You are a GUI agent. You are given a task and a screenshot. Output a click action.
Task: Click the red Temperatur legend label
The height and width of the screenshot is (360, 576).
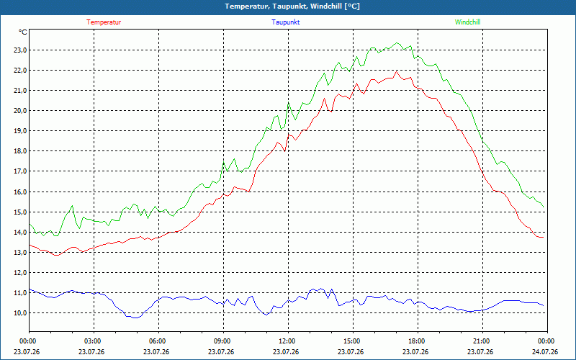(x=104, y=22)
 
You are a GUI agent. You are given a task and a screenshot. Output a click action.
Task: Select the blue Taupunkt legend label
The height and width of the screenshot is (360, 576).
(x=285, y=22)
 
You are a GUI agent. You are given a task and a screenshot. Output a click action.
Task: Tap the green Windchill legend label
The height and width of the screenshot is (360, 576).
(x=467, y=22)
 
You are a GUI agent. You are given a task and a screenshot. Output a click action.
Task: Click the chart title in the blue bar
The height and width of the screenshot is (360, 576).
(x=292, y=6)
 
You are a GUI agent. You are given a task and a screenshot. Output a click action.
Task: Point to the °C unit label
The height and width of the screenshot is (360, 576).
(x=23, y=32)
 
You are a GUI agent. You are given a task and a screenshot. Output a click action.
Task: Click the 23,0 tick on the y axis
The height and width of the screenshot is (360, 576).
(x=21, y=50)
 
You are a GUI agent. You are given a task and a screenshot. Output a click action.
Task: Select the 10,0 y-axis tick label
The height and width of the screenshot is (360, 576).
(x=21, y=313)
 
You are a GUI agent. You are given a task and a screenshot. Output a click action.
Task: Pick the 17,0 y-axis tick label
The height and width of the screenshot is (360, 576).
(x=21, y=171)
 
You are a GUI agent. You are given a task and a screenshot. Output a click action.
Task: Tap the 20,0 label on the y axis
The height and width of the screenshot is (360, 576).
(x=21, y=111)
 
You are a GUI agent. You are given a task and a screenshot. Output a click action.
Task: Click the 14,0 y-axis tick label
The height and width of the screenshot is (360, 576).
(x=21, y=232)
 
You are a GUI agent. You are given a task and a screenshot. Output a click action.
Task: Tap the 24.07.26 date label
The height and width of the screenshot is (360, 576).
(x=545, y=352)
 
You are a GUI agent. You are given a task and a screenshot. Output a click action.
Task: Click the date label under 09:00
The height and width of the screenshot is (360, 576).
(x=221, y=352)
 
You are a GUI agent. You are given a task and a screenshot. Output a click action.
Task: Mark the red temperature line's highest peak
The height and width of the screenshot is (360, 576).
(x=396, y=71)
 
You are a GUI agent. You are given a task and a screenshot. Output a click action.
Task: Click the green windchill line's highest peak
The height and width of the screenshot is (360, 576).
(x=397, y=43)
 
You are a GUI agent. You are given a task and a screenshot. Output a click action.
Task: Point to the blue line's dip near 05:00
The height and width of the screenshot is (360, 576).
(x=135, y=318)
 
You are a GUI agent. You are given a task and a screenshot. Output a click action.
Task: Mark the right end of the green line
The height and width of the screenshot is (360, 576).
(x=544, y=207)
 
